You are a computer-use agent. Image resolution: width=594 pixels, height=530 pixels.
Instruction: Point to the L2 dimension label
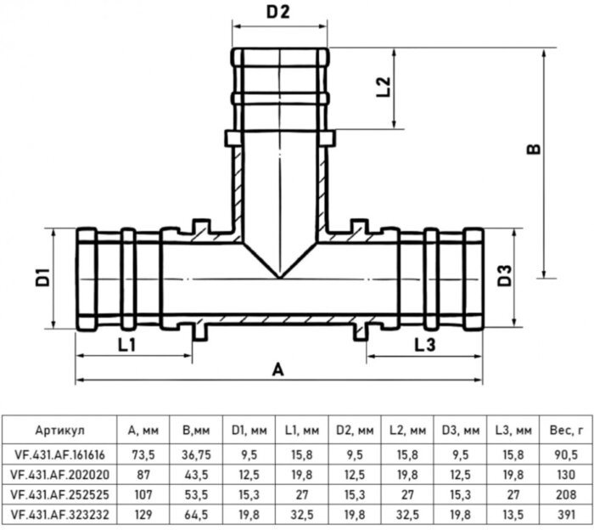point(384,87)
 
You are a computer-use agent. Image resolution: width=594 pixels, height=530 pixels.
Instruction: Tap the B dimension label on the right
point(532,149)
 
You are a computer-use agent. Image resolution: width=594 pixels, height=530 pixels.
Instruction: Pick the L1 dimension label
point(127,345)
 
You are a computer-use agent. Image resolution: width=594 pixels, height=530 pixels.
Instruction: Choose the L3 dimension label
point(425,345)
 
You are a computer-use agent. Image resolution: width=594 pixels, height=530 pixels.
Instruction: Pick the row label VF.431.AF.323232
point(61,514)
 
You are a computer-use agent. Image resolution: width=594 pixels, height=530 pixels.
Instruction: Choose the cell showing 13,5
point(507,514)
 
